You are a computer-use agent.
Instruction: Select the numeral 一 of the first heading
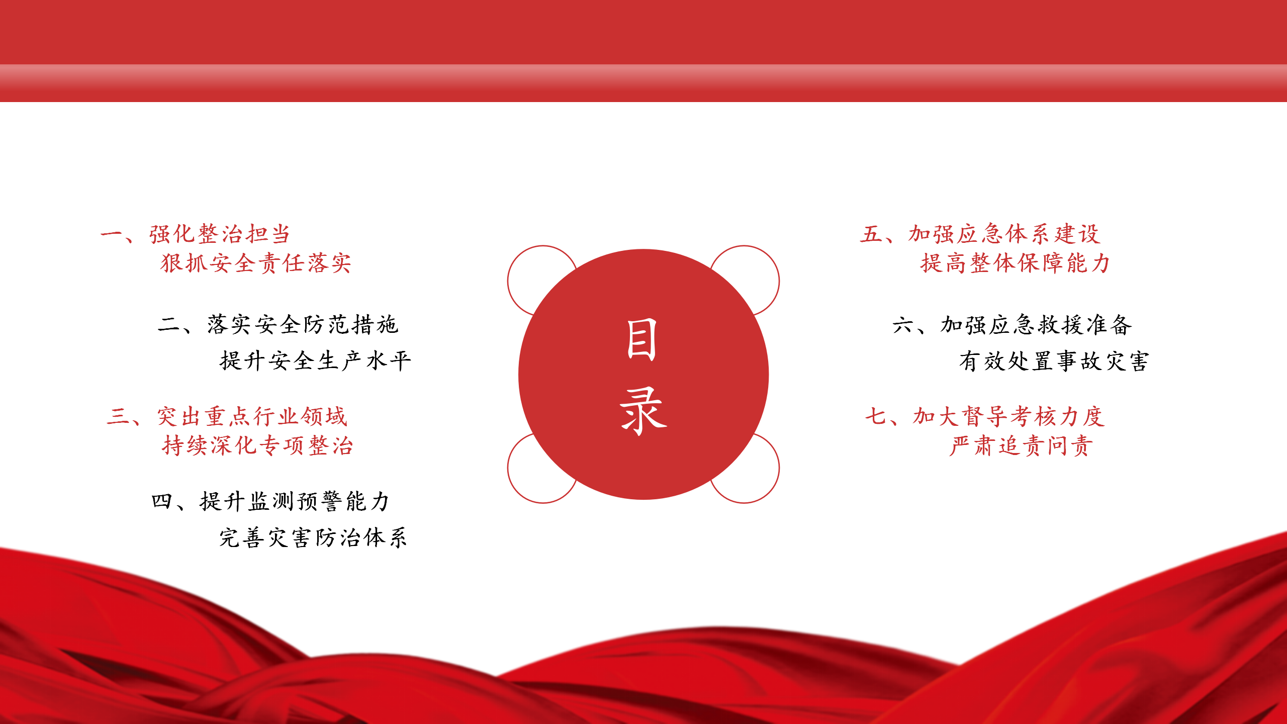click(112, 234)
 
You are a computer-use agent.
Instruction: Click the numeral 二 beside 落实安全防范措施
click(169, 324)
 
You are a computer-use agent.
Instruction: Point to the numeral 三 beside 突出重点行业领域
click(119, 416)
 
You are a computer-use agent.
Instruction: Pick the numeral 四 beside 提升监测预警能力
click(162, 501)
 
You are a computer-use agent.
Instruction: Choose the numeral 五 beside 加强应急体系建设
click(871, 234)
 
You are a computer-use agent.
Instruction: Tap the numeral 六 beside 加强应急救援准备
click(903, 325)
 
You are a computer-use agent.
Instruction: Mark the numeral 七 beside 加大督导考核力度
click(876, 416)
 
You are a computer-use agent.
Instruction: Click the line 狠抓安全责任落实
click(256, 263)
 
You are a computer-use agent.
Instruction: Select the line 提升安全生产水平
click(316, 360)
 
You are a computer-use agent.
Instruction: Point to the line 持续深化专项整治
click(258, 445)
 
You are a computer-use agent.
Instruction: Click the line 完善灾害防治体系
click(313, 537)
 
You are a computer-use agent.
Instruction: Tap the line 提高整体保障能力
click(1015, 263)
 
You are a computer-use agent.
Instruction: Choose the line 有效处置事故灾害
click(1054, 361)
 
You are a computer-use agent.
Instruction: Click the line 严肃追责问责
click(1021, 445)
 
